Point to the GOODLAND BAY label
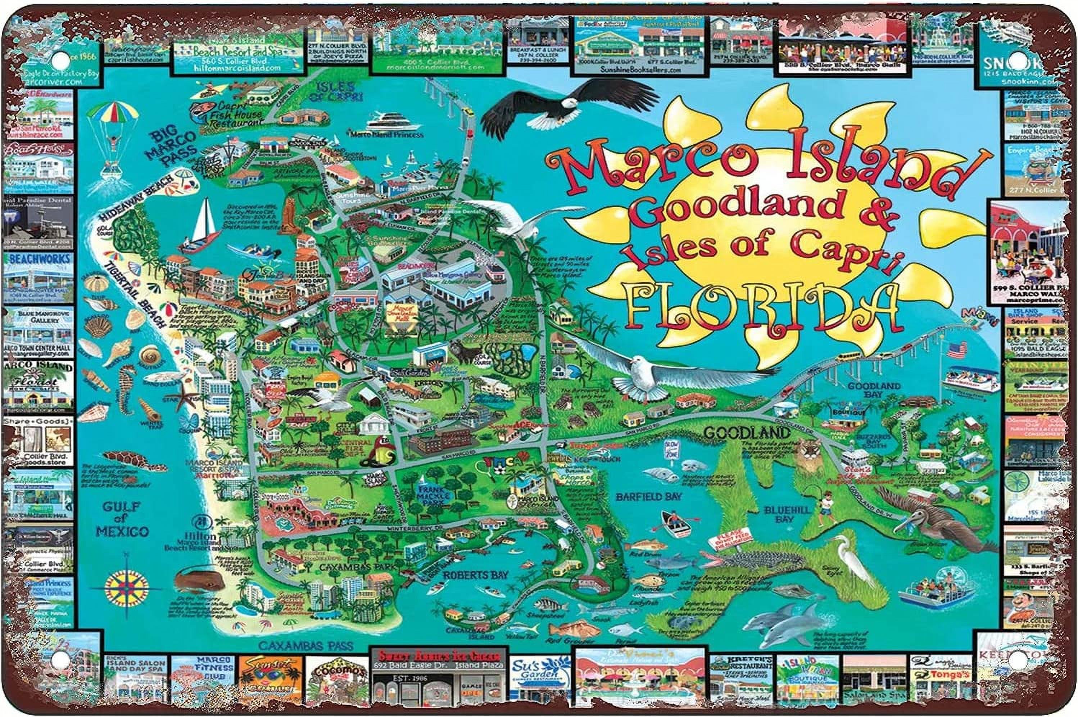pos(873,391)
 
